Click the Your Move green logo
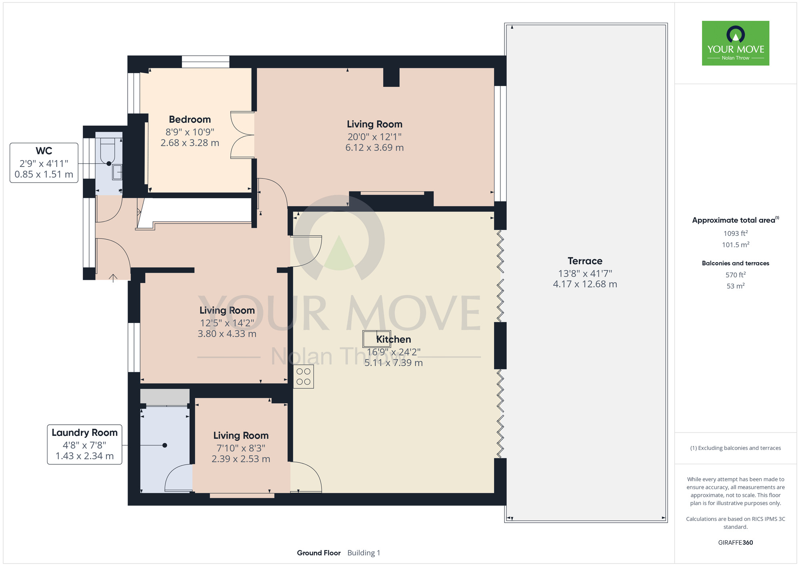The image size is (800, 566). click(735, 43)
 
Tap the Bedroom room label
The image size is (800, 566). click(190, 120)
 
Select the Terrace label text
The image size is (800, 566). click(585, 261)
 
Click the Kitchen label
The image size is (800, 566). click(394, 339)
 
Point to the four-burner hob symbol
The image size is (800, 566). click(304, 377)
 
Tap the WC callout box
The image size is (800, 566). click(44, 163)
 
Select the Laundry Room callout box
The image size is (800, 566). click(84, 444)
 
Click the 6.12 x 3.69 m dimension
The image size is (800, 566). click(374, 148)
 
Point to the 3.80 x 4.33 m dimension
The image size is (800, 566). click(227, 334)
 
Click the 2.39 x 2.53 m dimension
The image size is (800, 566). click(241, 459)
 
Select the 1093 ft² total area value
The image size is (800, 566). click(736, 233)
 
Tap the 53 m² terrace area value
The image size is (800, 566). click(736, 286)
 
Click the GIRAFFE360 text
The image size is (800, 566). click(736, 543)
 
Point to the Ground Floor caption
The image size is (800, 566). click(319, 553)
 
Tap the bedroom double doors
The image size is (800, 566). click(242, 135)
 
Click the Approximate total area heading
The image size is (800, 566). click(736, 220)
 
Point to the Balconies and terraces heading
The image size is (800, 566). click(736, 263)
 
